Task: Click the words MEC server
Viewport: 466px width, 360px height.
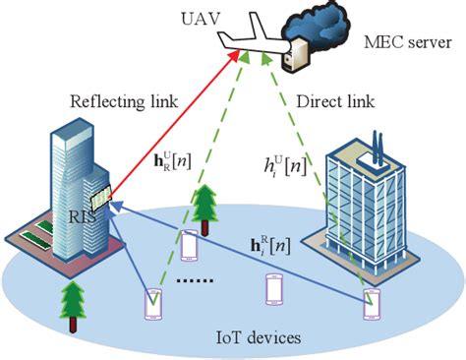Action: (x=402, y=42)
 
